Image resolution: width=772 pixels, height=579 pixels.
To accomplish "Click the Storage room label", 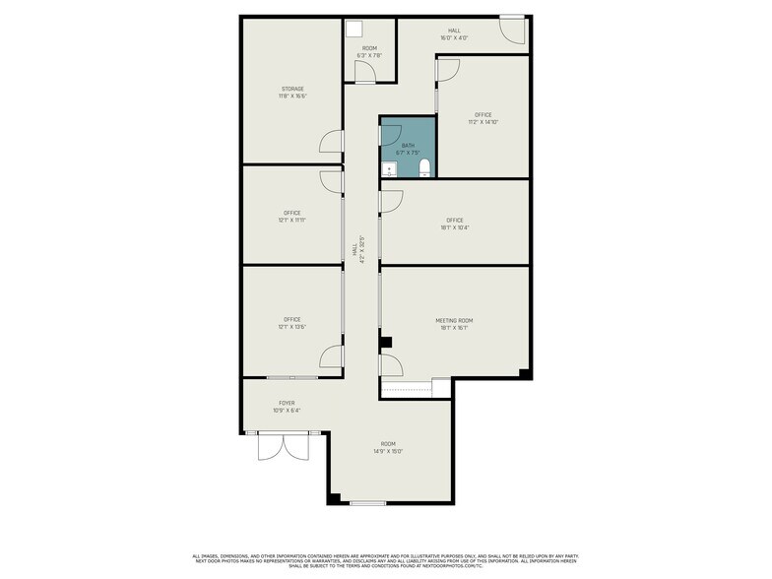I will point(292,93).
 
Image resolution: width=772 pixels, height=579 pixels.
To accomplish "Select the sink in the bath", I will point(389,170).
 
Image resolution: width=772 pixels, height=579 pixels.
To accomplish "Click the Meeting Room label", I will point(454,324).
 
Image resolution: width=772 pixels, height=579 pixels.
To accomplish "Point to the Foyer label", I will point(287,407).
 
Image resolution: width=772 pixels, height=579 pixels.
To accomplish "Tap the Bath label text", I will point(408,149).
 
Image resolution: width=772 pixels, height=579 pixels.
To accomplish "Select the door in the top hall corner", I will point(511,32).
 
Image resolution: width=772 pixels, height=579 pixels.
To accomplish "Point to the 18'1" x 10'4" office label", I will point(454,224).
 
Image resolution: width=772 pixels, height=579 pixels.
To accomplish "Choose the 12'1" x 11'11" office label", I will point(292,217).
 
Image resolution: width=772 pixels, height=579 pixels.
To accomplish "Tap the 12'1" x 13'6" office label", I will point(292,323).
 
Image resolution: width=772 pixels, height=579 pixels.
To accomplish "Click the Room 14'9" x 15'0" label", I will point(389,449).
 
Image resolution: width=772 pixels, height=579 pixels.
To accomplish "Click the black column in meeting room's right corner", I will point(526,374).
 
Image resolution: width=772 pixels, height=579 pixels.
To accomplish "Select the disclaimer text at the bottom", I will point(385,560).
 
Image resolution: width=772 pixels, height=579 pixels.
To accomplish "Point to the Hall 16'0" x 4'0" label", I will point(454,34).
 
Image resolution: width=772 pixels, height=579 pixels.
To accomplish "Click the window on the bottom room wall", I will point(367,503).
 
